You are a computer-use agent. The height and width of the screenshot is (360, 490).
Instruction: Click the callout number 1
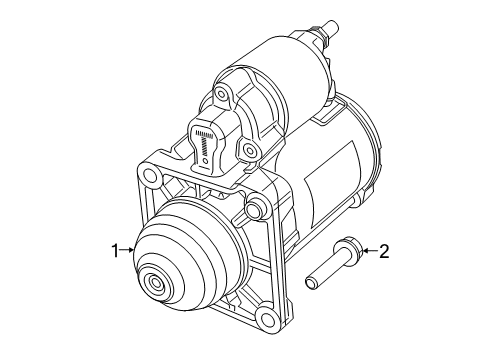(x=116, y=249)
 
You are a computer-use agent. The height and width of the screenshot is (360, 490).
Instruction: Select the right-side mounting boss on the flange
(x=255, y=207)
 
